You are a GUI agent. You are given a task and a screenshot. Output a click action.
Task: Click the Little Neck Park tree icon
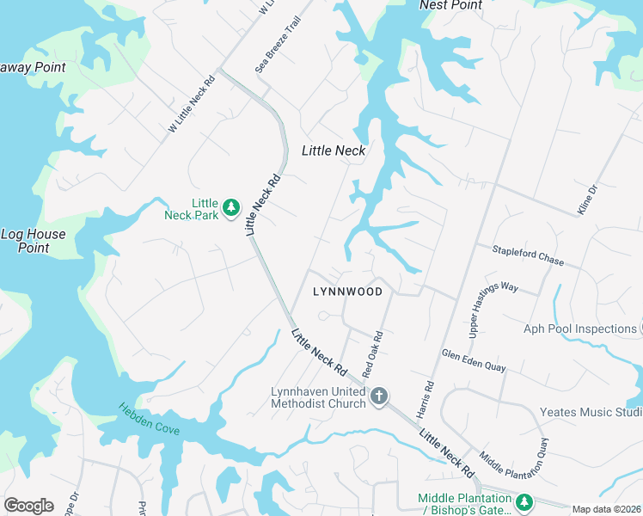(230, 207)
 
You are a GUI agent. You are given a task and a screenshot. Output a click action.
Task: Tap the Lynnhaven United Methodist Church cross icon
(379, 396)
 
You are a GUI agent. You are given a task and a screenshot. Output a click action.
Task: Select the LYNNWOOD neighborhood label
(347, 292)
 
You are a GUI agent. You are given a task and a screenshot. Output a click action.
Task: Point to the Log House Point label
(33, 241)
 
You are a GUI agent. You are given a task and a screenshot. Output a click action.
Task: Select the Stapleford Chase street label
(528, 255)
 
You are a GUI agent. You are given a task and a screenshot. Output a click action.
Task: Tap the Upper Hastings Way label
(493, 300)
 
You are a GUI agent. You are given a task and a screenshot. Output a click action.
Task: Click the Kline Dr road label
(584, 200)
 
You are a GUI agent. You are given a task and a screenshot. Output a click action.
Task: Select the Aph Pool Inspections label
(579, 329)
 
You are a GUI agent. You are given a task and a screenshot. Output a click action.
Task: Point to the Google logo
(28, 506)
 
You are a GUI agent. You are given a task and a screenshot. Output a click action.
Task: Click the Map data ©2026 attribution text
(606, 509)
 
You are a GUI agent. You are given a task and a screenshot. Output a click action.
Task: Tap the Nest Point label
(450, 5)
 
